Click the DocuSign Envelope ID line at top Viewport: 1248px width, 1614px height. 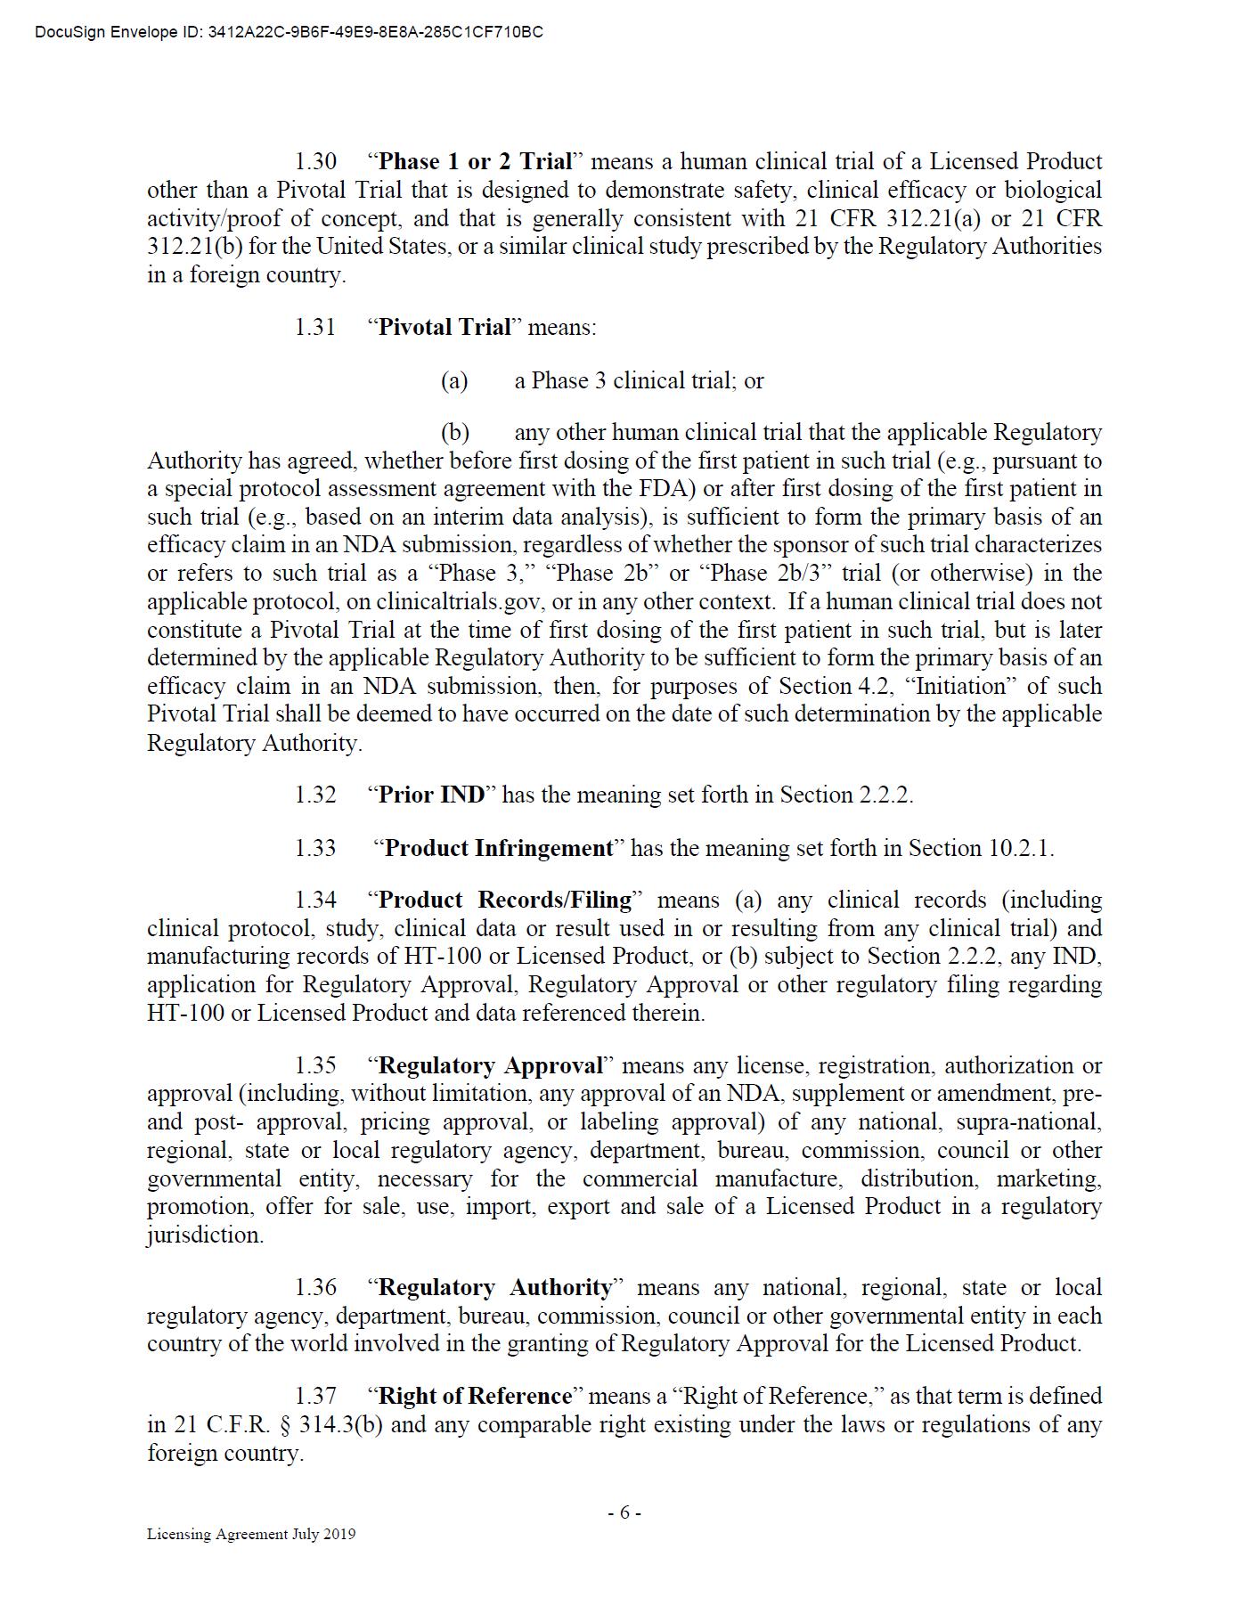tap(289, 33)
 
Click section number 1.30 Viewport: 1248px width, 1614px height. tap(315, 162)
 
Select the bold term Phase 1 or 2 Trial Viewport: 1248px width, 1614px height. tap(475, 162)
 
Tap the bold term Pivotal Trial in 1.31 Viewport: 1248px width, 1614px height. tap(445, 328)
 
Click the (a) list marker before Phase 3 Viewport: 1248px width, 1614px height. tap(454, 381)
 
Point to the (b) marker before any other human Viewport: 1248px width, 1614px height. tap(455, 433)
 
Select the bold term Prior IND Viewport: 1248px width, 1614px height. tap(431, 795)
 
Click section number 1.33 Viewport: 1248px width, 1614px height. tap(315, 849)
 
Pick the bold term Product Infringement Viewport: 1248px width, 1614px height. tap(499, 849)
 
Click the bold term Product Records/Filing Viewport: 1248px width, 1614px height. tap(505, 901)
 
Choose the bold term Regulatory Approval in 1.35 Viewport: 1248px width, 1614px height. tap(491, 1066)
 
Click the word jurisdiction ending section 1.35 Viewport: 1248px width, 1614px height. tap(204, 1235)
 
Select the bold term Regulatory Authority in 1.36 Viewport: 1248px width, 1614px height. tap(495, 1288)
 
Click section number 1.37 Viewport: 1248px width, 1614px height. tap(315, 1397)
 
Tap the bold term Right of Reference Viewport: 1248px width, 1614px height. tap(475, 1397)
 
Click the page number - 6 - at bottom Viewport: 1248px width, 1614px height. tap(624, 1512)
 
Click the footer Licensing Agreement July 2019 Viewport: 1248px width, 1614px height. tap(251, 1534)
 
